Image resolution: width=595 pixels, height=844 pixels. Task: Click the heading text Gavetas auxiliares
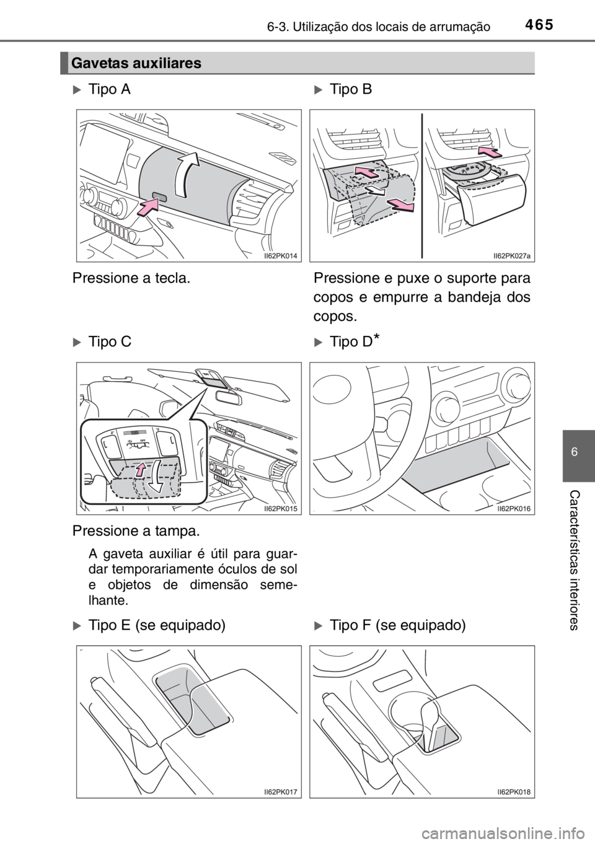point(136,63)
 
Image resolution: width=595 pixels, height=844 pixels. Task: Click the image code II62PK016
point(514,508)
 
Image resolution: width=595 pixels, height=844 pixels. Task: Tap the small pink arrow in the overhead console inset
point(141,470)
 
